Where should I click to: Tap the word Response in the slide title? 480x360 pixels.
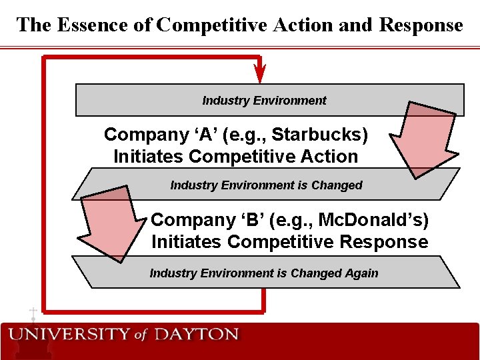click(x=421, y=25)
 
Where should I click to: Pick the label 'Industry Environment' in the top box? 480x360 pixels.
click(x=264, y=101)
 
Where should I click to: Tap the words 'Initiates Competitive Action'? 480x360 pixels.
click(x=235, y=157)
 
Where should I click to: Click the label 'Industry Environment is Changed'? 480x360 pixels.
click(x=266, y=185)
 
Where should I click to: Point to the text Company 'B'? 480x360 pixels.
click(x=194, y=219)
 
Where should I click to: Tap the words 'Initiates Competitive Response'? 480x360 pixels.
click(x=289, y=241)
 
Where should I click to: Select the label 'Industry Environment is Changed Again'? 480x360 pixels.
click(x=263, y=273)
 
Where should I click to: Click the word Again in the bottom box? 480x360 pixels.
click(x=361, y=273)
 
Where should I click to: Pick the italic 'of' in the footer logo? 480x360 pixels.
click(x=141, y=335)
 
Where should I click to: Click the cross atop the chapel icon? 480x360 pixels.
click(x=32, y=311)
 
